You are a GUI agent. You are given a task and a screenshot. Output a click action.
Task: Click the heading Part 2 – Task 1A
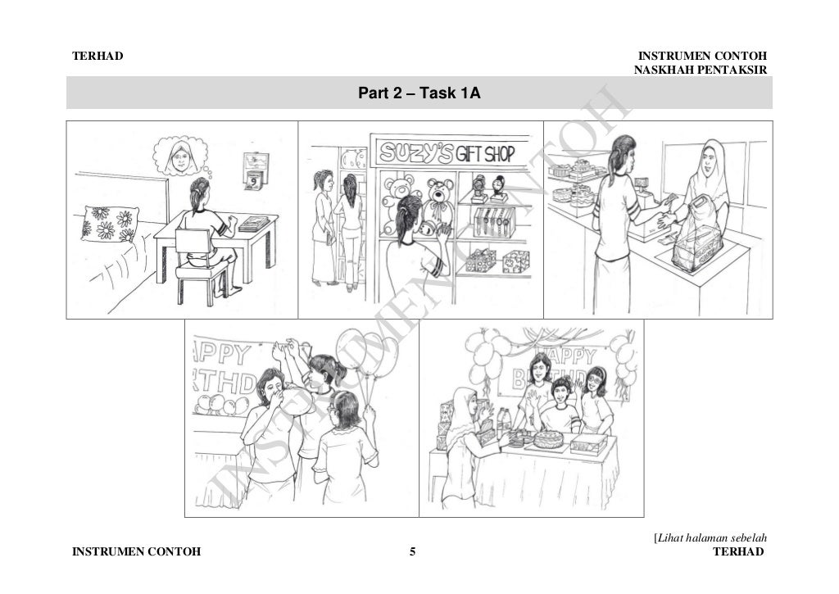419,94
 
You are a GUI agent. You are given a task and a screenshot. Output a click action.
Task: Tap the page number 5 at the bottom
413,551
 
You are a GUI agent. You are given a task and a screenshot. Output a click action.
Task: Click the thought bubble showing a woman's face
181,156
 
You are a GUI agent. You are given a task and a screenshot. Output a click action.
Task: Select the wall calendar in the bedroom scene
255,170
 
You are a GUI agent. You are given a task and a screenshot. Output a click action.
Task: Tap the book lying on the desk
253,222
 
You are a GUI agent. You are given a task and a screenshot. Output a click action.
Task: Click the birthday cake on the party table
547,438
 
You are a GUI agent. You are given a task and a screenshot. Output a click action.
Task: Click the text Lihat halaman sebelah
710,537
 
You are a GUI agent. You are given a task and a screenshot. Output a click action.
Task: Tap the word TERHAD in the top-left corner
98,56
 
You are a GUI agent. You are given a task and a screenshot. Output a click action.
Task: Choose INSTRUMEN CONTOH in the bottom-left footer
136,551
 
